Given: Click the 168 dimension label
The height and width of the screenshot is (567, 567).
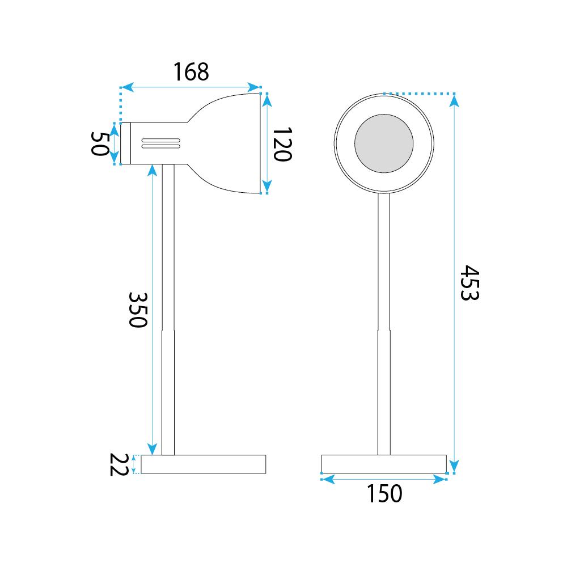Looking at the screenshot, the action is (191, 71).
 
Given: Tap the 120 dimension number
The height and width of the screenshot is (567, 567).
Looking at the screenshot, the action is (282, 144).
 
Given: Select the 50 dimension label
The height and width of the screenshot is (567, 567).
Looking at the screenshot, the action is (99, 143).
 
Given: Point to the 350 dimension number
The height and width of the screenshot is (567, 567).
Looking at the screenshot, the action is (138, 310).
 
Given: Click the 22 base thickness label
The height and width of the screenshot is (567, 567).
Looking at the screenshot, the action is (119, 464).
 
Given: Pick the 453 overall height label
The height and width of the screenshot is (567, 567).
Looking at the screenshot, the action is (469, 282).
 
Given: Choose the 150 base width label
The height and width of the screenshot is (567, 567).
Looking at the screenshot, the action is (384, 493).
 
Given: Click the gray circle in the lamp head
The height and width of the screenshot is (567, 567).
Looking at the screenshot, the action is (384, 143).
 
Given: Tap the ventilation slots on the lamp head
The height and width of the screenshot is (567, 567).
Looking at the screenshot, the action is (161, 143).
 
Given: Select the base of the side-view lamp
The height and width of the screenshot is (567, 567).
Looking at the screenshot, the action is (203, 464).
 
